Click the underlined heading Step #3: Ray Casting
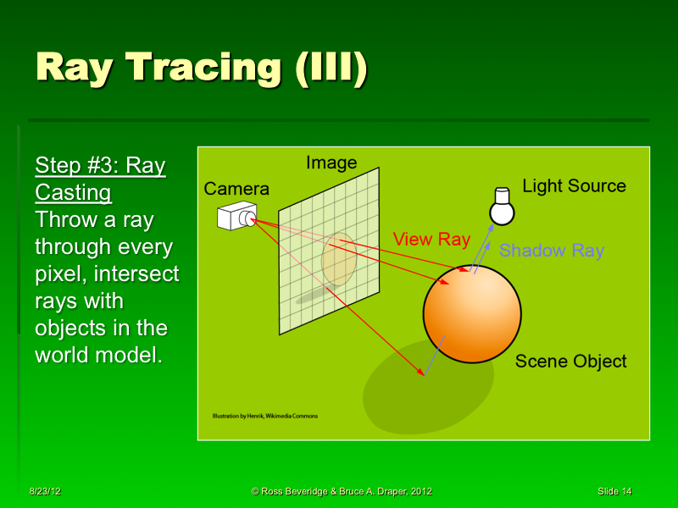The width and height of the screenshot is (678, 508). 100,179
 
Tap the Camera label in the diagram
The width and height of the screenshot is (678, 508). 236,189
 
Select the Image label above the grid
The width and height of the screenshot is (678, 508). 331,163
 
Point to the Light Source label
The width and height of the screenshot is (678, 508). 574,186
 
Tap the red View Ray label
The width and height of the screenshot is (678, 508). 431,240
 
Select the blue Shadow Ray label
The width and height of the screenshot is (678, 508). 551,251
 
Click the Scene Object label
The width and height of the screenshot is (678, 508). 570,362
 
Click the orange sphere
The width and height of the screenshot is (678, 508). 471,313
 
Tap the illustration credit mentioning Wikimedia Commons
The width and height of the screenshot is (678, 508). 264,417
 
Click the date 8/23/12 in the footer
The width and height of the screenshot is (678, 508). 44,491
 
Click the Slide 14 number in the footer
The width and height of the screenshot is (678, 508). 614,491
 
